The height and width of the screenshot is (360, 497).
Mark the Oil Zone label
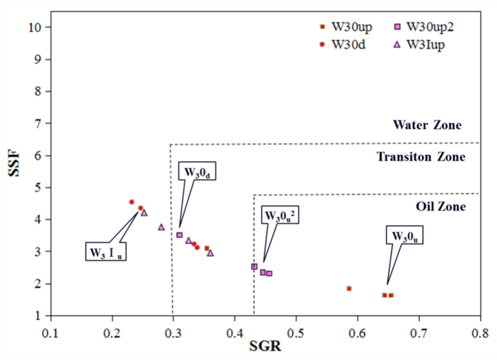[435, 206]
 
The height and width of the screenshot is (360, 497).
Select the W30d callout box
[197, 172]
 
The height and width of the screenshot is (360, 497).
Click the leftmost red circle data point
[131, 202]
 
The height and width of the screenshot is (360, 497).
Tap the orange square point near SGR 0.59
[349, 288]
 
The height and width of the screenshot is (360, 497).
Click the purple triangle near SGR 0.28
[162, 227]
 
